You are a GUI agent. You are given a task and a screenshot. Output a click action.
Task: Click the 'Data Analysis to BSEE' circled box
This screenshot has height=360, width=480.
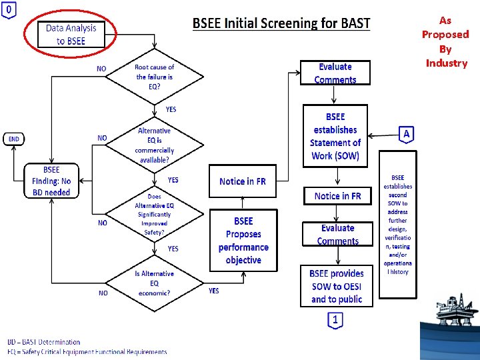pos(71,35)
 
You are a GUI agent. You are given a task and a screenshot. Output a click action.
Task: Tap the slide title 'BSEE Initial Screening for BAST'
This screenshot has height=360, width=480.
pos(281,23)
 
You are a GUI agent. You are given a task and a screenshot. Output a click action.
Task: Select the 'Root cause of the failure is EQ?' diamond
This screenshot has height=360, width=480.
pos(154,77)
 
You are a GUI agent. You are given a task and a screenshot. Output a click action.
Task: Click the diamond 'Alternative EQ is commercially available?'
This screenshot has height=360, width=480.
pos(154,145)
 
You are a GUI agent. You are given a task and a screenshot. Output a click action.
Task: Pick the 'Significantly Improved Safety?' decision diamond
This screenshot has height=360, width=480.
pos(153,215)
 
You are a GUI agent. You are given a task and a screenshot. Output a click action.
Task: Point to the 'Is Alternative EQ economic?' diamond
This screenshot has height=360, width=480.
pos(154,283)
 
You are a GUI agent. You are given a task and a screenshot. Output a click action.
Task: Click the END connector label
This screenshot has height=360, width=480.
pos(14,139)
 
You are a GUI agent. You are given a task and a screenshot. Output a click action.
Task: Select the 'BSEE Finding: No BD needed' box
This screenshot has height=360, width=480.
pos(51,181)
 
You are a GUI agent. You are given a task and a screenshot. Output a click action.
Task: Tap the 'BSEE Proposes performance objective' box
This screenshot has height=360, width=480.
pos(243,240)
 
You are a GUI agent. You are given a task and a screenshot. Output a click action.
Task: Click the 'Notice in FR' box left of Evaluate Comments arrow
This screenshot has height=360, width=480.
pos(242,181)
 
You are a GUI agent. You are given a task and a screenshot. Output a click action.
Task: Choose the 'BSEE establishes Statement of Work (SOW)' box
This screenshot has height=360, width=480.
pos(335,137)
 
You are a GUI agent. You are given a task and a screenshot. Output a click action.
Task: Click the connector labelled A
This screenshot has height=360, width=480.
pos(407,135)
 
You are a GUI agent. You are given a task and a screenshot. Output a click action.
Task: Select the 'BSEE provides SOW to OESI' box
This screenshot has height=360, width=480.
pos(337,286)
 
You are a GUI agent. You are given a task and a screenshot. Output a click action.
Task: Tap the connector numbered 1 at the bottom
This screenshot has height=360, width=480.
pos(335,321)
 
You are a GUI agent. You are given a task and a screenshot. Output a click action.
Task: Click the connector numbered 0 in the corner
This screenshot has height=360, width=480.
pos(9,10)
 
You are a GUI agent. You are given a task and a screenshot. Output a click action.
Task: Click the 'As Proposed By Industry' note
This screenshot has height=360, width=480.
pos(445,42)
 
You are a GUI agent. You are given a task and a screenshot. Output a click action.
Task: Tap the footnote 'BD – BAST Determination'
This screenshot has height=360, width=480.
pos(44,342)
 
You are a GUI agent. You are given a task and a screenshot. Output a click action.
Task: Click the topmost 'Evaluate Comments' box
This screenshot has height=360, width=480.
pos(335,73)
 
